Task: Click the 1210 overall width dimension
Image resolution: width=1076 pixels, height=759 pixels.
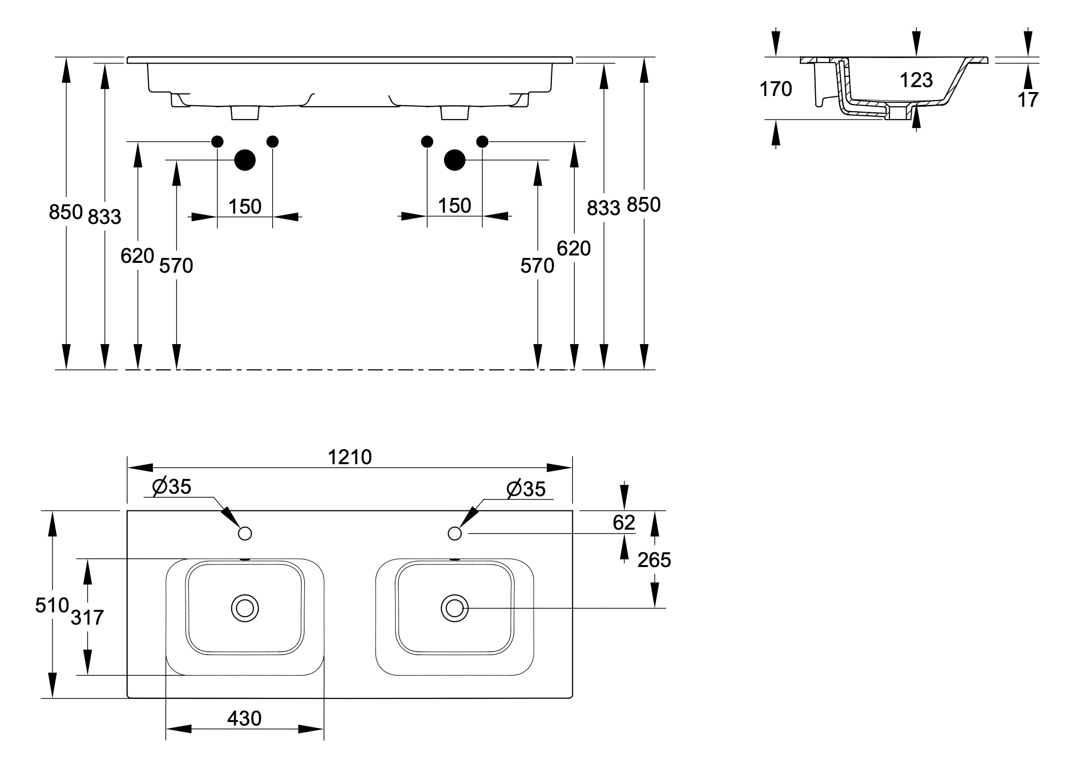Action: (349, 457)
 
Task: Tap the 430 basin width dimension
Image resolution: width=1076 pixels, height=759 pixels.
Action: (244, 719)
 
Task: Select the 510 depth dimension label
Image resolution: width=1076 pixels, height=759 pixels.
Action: (52, 605)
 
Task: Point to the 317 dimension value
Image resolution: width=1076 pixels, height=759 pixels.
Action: (87, 617)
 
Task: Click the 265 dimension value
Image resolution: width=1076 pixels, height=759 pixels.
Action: (654, 560)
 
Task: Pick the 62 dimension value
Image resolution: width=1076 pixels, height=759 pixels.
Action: (624, 522)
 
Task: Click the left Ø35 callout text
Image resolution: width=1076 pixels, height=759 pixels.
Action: (172, 486)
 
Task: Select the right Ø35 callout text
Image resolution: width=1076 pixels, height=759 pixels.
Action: (526, 489)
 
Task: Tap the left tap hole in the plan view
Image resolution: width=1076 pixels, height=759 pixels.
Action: (245, 534)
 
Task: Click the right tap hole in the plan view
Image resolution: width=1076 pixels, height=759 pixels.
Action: (455, 534)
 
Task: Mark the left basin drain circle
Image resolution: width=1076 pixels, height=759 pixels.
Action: (245, 608)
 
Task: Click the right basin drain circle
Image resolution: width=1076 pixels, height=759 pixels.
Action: (454, 608)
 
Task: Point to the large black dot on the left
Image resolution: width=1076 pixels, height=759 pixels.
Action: (245, 160)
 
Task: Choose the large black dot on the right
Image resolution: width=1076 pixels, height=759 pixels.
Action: (454, 160)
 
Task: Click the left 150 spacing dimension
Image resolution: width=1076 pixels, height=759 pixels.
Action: (245, 207)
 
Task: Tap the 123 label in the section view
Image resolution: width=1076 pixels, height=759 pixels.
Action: (916, 80)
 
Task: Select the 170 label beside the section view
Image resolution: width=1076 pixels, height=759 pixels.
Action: (776, 89)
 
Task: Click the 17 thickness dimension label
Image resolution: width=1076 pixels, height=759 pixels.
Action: (1028, 100)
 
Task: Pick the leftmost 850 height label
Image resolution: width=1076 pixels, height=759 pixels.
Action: (66, 212)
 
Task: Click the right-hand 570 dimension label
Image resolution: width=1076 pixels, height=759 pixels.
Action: (538, 266)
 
